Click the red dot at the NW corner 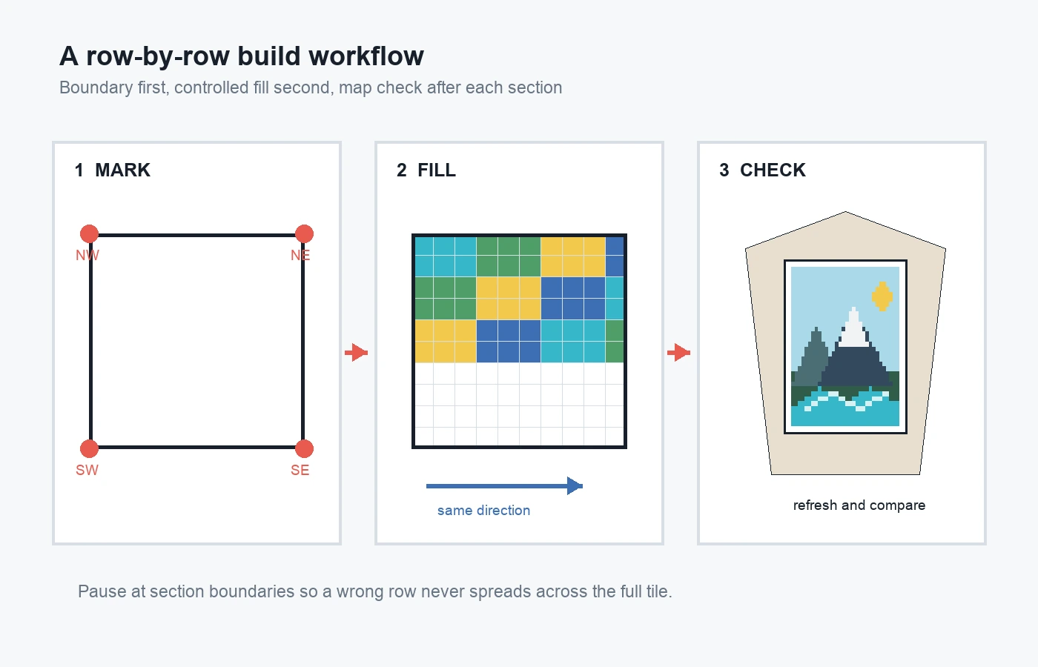[x=90, y=234]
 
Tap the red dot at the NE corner [x=304, y=234]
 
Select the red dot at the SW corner [x=90, y=448]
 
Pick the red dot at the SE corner [x=304, y=448]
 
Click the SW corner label [x=87, y=470]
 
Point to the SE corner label [x=300, y=470]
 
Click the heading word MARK [x=123, y=170]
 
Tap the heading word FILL [x=437, y=170]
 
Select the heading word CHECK [x=773, y=170]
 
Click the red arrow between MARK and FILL [x=357, y=353]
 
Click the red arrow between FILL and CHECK [x=679, y=353]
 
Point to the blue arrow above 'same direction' [x=505, y=486]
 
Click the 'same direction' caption [x=483, y=511]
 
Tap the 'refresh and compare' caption [x=859, y=505]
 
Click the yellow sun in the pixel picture [x=882, y=296]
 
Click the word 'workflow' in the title [x=366, y=56]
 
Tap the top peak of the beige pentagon [x=845, y=212]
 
